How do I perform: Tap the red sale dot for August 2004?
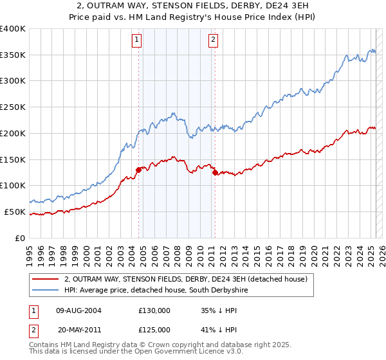click(x=138, y=170)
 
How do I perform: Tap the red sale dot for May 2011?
click(x=215, y=172)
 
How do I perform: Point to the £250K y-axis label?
click(x=13, y=107)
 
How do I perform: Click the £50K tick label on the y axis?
click(x=15, y=212)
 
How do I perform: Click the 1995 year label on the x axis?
click(x=30, y=253)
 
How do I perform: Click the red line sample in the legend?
click(x=45, y=279)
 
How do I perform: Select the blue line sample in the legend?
click(x=45, y=291)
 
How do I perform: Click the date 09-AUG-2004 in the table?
click(x=78, y=310)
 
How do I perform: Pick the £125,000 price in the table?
click(x=154, y=329)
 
